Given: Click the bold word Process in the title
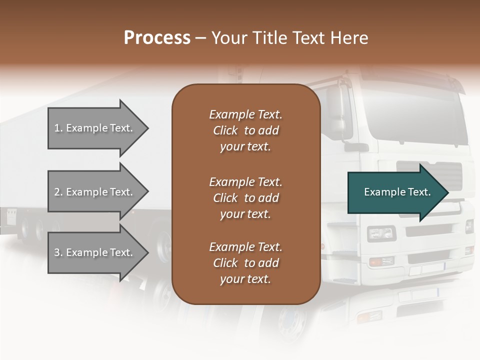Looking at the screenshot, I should tap(157, 37).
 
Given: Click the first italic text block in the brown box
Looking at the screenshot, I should tap(245, 130).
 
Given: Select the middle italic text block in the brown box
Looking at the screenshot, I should tap(245, 198).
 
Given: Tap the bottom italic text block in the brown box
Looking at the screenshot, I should tap(245, 263).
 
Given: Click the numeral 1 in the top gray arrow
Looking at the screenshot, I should tap(57, 128).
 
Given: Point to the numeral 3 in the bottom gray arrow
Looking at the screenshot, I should tap(57, 252).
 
